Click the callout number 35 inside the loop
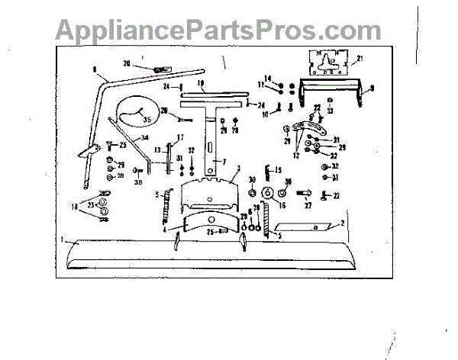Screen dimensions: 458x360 click(147, 120)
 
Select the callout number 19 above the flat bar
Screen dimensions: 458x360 click(199, 82)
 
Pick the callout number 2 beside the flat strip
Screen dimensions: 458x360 click(343, 222)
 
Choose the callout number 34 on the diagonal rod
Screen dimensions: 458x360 click(143, 138)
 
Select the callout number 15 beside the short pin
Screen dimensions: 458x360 click(278, 169)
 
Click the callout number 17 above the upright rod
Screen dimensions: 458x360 click(181, 137)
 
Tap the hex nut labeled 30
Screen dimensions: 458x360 click(252, 191)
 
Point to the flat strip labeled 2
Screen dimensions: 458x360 click(302, 227)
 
